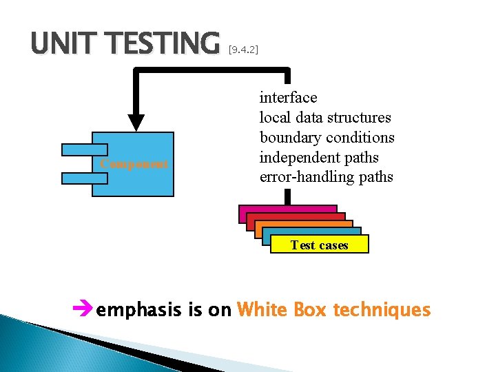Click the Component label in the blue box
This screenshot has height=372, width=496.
[x=134, y=164]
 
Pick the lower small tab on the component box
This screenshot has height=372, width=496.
[x=84, y=178]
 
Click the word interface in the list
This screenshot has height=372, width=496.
[x=288, y=98]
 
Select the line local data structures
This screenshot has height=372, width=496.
[x=324, y=118]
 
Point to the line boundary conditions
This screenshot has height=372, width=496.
[x=327, y=137]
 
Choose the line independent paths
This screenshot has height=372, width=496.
[x=318, y=157]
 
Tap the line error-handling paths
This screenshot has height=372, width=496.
[x=326, y=177]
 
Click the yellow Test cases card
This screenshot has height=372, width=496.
[x=320, y=245]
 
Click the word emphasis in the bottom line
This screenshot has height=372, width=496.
[x=141, y=311]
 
